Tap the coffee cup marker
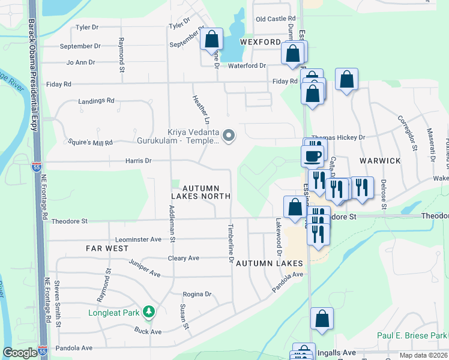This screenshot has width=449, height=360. click(312, 157)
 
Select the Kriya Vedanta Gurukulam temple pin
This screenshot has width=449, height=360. click(228, 137)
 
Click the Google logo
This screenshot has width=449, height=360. click(20, 353)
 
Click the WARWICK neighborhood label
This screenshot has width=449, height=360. click(380, 161)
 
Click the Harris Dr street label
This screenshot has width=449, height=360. click(138, 161)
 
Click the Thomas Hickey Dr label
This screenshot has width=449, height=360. click(338, 137)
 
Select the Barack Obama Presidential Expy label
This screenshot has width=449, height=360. click(32, 75)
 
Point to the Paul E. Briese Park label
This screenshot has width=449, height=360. click(412, 335)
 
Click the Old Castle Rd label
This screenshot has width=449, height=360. click(276, 19)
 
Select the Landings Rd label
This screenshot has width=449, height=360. click(96, 101)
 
